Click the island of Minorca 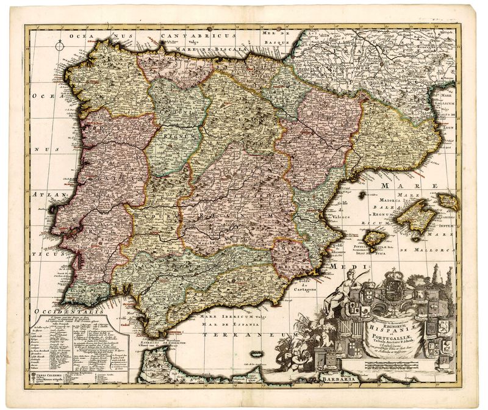tap(448, 200)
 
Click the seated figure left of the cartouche tap(333, 293)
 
